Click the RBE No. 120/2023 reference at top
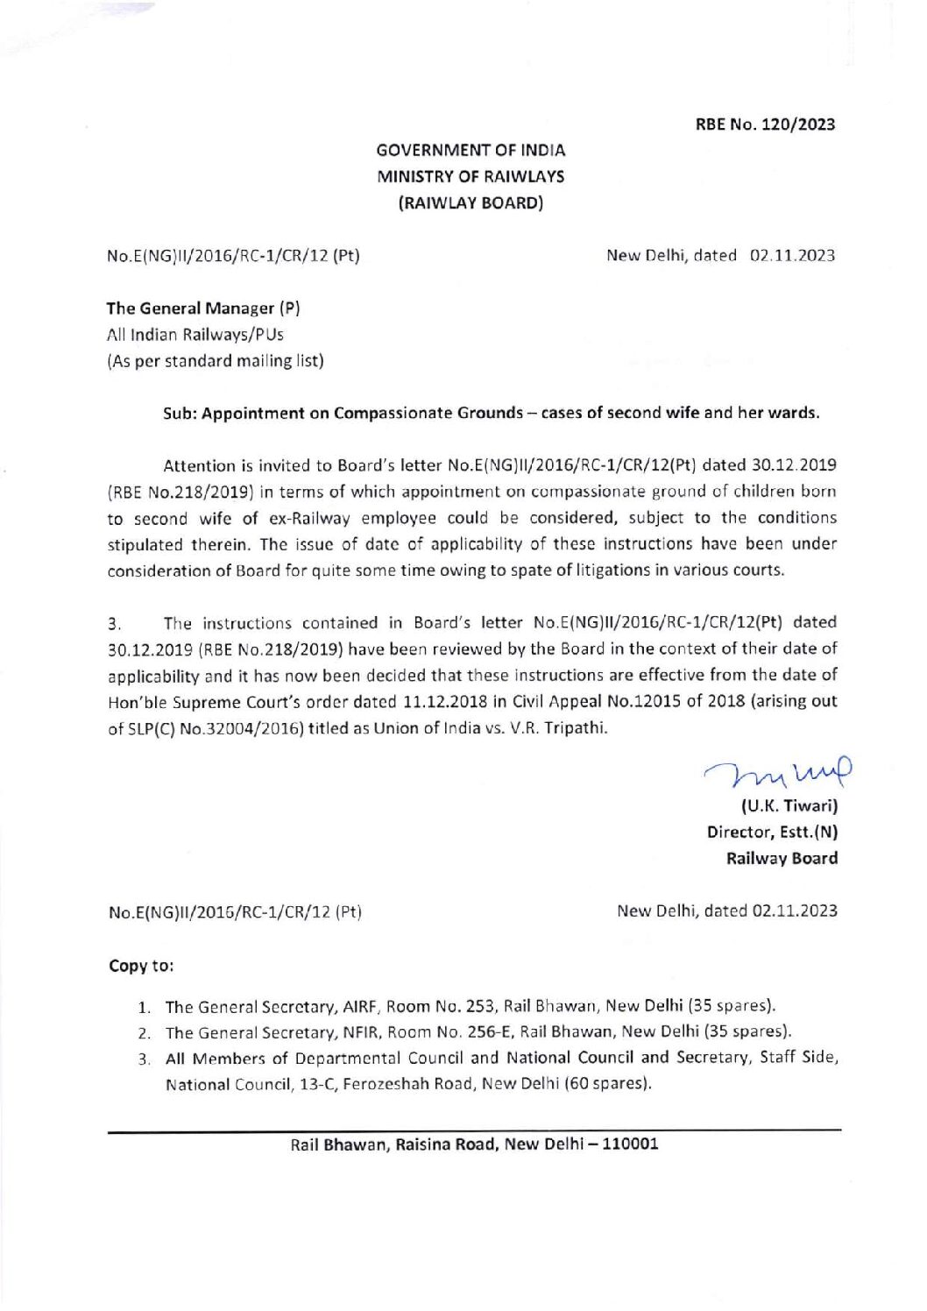point(765,124)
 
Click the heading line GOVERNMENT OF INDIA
point(471,151)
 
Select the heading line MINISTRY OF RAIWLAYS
point(471,177)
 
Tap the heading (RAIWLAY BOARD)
point(471,203)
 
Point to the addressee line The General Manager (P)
point(203,308)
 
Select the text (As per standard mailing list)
point(215,361)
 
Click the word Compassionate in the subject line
point(380,414)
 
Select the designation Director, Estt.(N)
point(772,833)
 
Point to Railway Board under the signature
point(782,859)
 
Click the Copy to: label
point(141,967)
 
